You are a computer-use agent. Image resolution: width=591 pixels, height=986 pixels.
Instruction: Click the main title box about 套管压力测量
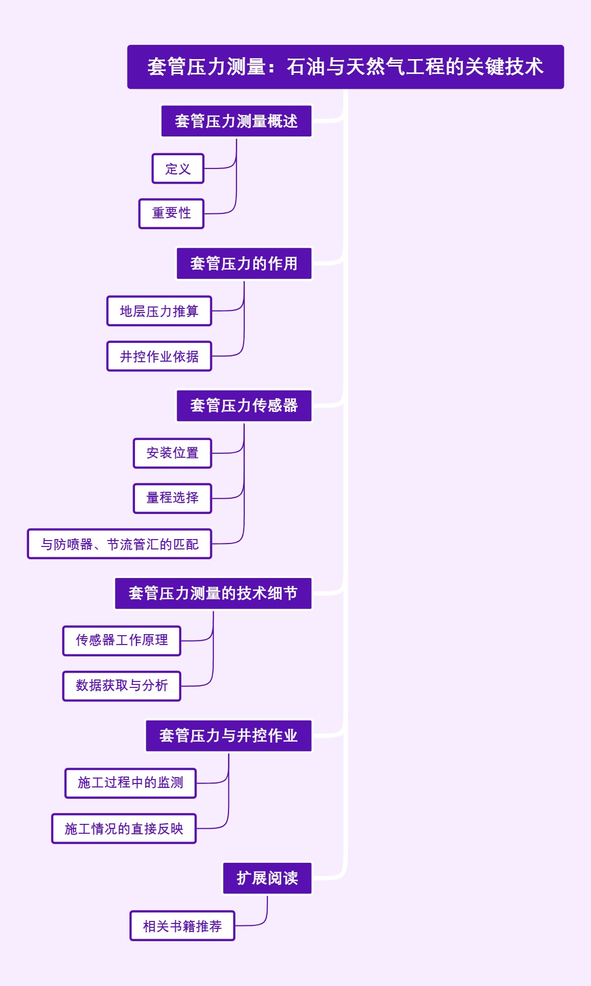pyautogui.click(x=345, y=67)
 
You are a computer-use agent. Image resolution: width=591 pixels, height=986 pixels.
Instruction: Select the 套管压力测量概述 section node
pyautogui.click(x=236, y=121)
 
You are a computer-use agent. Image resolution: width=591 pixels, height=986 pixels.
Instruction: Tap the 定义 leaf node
pyautogui.click(x=178, y=169)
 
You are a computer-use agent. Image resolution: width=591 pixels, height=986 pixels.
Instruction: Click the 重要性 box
pyautogui.click(x=171, y=213)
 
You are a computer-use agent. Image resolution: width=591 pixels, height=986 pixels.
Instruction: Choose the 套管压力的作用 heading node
pyautogui.click(x=244, y=264)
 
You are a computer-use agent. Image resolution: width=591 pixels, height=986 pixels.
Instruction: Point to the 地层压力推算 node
pyautogui.click(x=159, y=311)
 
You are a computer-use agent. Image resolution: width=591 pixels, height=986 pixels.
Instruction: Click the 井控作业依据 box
pyautogui.click(x=159, y=356)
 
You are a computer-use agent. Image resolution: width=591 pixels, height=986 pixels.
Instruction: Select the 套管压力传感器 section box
pyautogui.click(x=244, y=406)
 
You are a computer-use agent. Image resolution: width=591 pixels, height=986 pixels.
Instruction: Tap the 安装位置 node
pyautogui.click(x=172, y=453)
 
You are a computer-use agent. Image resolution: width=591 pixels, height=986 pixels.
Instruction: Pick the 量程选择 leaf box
pyautogui.click(x=172, y=498)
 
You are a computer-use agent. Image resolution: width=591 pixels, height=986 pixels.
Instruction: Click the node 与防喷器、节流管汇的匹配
pyautogui.click(x=120, y=544)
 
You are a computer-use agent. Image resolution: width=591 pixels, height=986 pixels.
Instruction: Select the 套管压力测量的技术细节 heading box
pyautogui.click(x=213, y=593)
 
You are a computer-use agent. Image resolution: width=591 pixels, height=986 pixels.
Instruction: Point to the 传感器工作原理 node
pyautogui.click(x=122, y=641)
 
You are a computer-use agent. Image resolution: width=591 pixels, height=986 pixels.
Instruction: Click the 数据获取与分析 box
pyautogui.click(x=122, y=686)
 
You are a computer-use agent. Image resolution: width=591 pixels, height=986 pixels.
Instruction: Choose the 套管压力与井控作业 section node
pyautogui.click(x=229, y=736)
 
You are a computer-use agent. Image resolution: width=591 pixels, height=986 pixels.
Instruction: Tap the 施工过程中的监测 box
pyautogui.click(x=131, y=783)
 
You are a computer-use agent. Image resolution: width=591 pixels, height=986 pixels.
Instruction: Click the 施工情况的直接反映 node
pyautogui.click(x=124, y=828)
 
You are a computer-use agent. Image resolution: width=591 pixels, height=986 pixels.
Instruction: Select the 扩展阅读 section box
pyautogui.click(x=267, y=878)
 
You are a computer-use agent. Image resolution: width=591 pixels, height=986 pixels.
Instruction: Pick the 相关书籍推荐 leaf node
pyautogui.click(x=182, y=926)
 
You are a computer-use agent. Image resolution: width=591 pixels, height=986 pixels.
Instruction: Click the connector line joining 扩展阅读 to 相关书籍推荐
pyautogui.click(x=266, y=913)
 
